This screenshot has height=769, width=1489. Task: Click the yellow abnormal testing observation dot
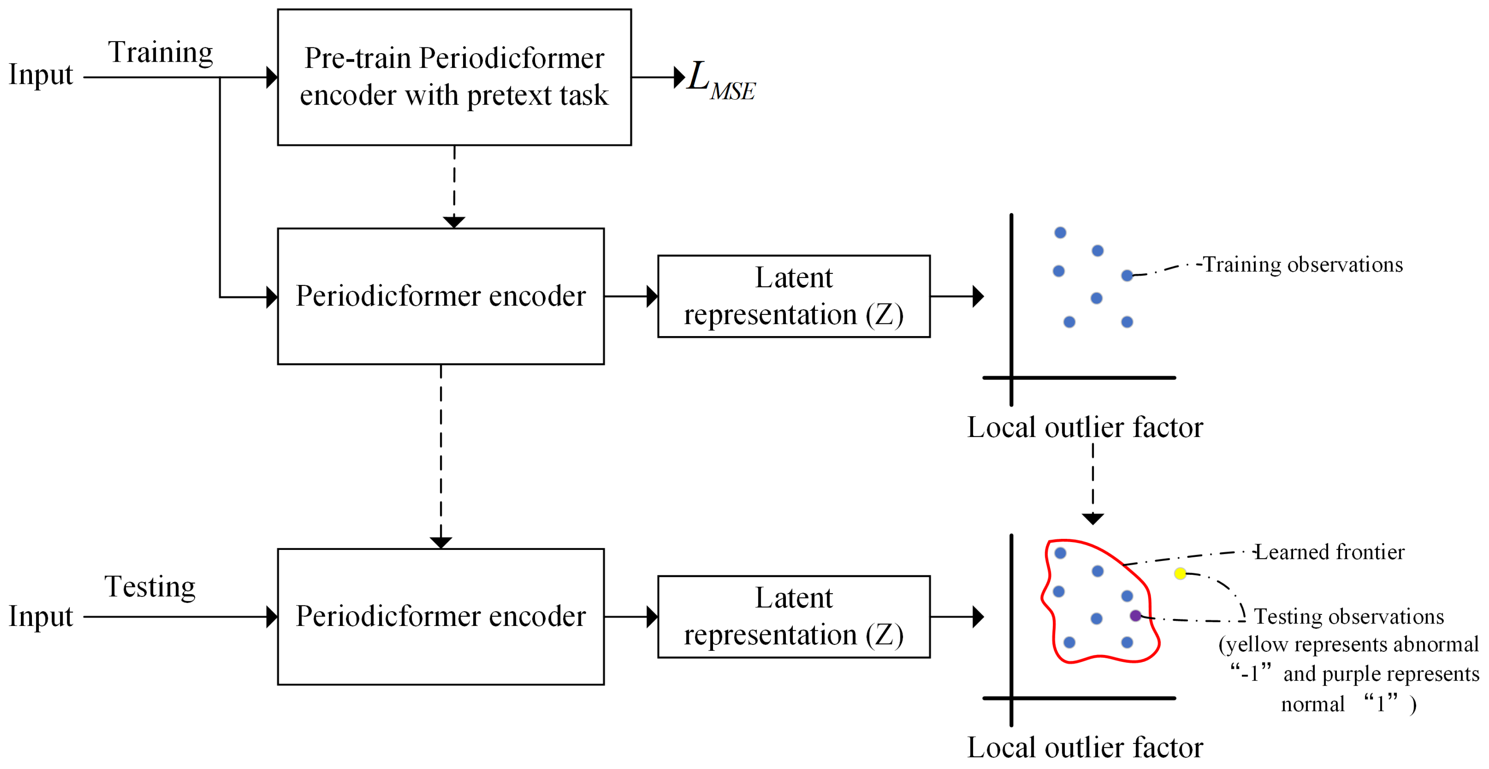tap(1180, 573)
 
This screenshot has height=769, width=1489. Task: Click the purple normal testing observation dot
tap(1135, 616)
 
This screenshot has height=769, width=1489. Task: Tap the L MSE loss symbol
tap(720, 81)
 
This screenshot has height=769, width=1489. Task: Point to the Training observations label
tap(1303, 265)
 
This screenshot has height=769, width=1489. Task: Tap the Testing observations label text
tap(1349, 617)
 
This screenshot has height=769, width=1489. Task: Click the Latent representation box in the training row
tap(794, 296)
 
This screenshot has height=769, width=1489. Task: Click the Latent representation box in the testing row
tap(794, 617)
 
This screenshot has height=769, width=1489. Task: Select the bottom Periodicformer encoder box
tap(441, 617)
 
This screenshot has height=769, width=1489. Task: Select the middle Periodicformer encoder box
tap(441, 296)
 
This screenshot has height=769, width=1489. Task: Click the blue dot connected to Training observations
tap(1127, 276)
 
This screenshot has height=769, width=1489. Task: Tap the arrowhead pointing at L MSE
tap(679, 77)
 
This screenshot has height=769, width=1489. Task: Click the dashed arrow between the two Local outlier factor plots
tap(1093, 482)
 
